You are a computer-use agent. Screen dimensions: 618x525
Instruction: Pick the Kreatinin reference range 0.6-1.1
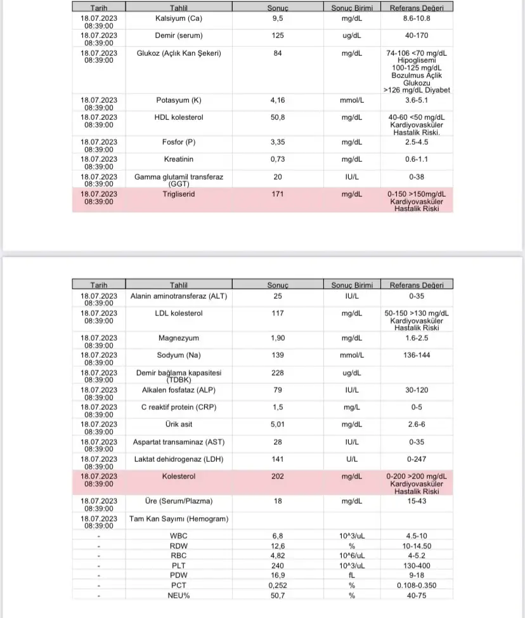[417, 160]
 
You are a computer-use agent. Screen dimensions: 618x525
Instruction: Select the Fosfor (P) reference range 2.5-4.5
[417, 143]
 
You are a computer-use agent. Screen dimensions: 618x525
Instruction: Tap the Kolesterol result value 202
[277, 476]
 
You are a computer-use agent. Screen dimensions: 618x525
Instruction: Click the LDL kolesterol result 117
[277, 313]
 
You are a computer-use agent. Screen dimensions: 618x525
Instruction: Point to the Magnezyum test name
[178, 338]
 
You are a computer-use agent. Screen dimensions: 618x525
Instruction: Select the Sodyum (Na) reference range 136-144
[417, 355]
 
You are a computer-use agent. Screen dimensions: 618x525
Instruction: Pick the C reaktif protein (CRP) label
[178, 407]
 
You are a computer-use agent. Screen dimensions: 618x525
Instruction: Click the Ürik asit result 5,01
[277, 424]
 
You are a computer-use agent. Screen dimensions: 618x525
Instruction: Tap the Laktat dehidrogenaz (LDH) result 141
[277, 459]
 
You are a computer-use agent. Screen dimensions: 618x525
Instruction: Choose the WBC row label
[178, 536]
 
